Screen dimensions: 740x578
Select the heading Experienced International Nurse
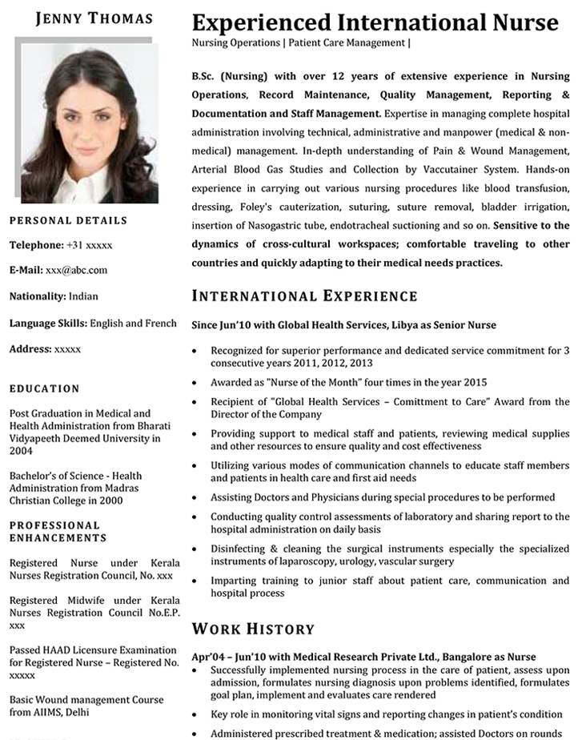tap(375, 22)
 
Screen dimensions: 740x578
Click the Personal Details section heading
tap(68, 220)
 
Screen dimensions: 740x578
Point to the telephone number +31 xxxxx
tap(89, 245)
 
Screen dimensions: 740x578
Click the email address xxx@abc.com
tap(76, 271)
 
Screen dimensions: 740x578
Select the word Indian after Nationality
tap(83, 296)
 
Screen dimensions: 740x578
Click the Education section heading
tap(44, 388)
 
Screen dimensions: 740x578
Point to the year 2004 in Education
tap(21, 452)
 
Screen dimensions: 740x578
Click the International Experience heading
tap(304, 296)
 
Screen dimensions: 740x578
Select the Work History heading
tap(253, 629)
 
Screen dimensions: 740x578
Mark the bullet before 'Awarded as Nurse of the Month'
tap(197, 383)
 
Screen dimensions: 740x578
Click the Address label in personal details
tap(30, 349)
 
